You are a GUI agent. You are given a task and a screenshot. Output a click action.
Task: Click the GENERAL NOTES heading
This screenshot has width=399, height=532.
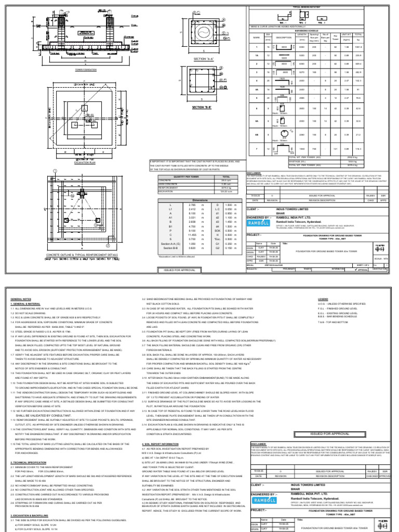click(x=20, y=299)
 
